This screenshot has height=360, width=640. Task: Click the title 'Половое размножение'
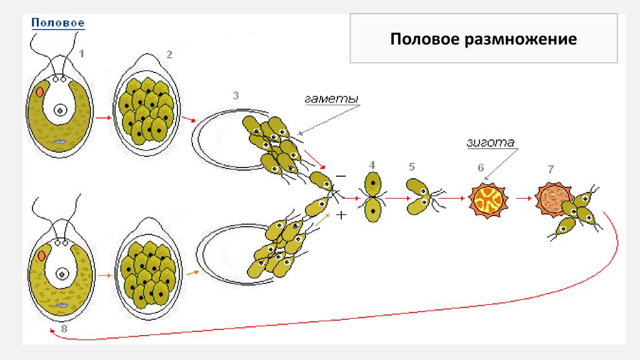click(x=483, y=40)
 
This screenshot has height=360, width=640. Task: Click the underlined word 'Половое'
click(x=58, y=23)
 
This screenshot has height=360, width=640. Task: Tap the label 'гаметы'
click(x=331, y=99)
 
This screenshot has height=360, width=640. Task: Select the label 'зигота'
click(x=490, y=142)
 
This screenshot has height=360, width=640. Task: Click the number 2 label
click(x=169, y=54)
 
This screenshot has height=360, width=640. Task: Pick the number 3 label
click(x=236, y=96)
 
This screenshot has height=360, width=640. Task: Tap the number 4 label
click(x=372, y=164)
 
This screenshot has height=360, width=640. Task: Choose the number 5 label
click(x=411, y=167)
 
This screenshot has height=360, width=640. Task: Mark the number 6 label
click(x=481, y=167)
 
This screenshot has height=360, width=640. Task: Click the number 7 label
click(x=550, y=169)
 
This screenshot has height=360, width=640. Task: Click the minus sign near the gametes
click(x=341, y=176)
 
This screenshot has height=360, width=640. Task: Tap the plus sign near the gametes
click(x=341, y=216)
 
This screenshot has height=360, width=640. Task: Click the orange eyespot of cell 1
click(x=40, y=91)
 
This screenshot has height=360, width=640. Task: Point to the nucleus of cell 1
click(x=61, y=111)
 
